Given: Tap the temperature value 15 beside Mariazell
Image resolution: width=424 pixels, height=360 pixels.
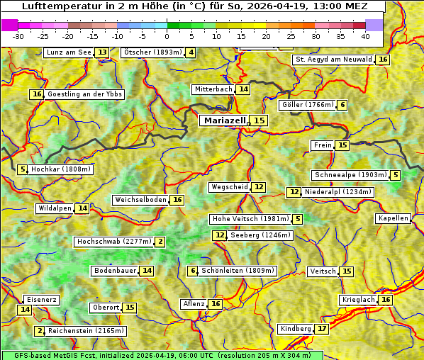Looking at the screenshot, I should (x=259, y=120).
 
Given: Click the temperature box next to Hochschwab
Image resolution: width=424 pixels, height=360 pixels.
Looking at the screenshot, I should (x=161, y=242).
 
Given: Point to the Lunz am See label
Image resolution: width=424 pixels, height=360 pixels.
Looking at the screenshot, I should (x=69, y=52).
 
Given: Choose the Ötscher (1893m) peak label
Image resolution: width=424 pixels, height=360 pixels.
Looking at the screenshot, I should (x=152, y=52).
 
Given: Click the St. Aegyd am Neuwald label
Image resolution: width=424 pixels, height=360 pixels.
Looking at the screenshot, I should (x=333, y=60).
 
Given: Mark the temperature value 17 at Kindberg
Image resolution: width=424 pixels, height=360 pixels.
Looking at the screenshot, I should (x=323, y=329).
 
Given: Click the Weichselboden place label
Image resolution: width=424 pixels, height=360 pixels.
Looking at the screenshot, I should (x=140, y=200).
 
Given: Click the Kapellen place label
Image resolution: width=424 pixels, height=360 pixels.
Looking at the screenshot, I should (x=394, y=218).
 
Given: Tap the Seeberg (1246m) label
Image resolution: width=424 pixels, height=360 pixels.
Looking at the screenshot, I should (x=260, y=235).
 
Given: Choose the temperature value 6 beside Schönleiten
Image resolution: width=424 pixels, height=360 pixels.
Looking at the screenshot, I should (x=192, y=271).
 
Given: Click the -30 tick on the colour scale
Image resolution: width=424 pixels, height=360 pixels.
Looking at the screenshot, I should (x=18, y=36).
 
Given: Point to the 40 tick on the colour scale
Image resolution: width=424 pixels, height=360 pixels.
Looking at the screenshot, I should (x=365, y=36).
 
